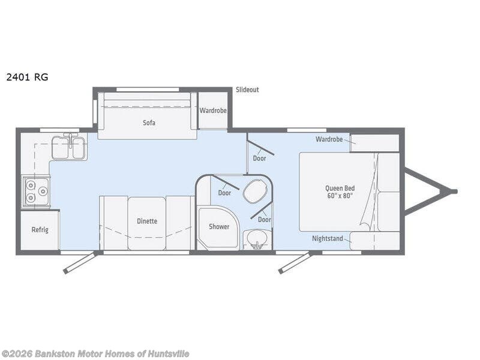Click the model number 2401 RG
27,77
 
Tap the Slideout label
247,89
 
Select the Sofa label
149,123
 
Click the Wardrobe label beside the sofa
213,110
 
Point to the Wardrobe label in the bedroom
329,139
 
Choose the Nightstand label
328,238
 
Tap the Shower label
219,227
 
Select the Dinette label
147,221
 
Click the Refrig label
40,230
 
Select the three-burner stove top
36,192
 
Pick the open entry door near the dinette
80,263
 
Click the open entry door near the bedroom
295,263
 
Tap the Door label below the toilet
265,220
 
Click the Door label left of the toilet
224,193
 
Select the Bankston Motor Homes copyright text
95,354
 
